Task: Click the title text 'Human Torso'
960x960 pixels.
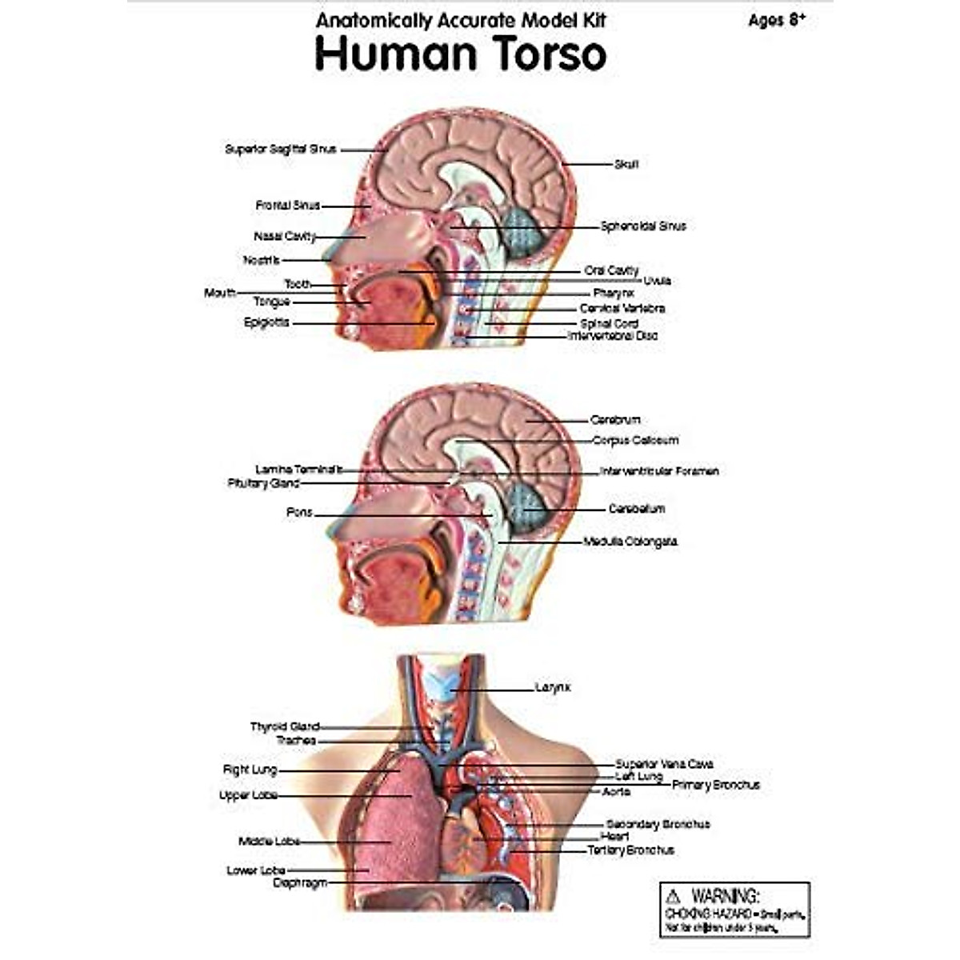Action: point(460,54)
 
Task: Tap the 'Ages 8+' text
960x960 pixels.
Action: point(776,21)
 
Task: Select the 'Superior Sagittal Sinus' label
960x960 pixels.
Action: point(280,149)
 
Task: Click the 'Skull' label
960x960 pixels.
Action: point(626,164)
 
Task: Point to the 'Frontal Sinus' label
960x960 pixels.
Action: point(287,206)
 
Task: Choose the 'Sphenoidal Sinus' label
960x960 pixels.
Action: point(643,226)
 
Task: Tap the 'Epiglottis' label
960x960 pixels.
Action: point(266,322)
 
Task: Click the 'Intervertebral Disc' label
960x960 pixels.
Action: point(612,336)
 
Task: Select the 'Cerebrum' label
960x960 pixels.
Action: point(615,419)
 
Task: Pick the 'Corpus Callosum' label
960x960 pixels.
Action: point(635,440)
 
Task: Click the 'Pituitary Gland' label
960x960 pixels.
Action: point(263,483)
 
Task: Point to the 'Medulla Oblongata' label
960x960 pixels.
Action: point(630,542)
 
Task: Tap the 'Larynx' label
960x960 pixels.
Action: point(552,687)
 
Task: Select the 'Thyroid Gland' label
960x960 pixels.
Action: point(285,726)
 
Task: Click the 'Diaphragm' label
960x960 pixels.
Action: point(300,882)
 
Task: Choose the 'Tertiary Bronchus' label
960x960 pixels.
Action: point(630,850)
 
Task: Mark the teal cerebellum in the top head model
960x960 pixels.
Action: point(525,231)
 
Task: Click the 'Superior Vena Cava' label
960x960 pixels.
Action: point(664,764)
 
